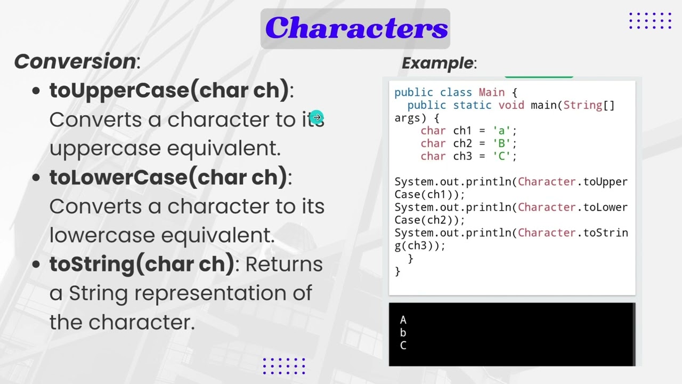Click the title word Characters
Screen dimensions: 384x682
(356, 28)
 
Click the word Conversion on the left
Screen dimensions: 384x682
(75, 61)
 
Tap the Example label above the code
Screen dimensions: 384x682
(437, 63)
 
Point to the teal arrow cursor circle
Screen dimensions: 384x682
(317, 117)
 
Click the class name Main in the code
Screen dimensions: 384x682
(491, 92)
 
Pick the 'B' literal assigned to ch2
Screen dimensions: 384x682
(501, 143)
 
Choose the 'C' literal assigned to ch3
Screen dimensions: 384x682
(501, 156)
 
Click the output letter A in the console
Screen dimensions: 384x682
(403, 320)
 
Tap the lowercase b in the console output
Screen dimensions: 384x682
(403, 333)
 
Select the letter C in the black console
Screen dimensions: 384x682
(403, 346)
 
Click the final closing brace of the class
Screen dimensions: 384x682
(397, 271)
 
